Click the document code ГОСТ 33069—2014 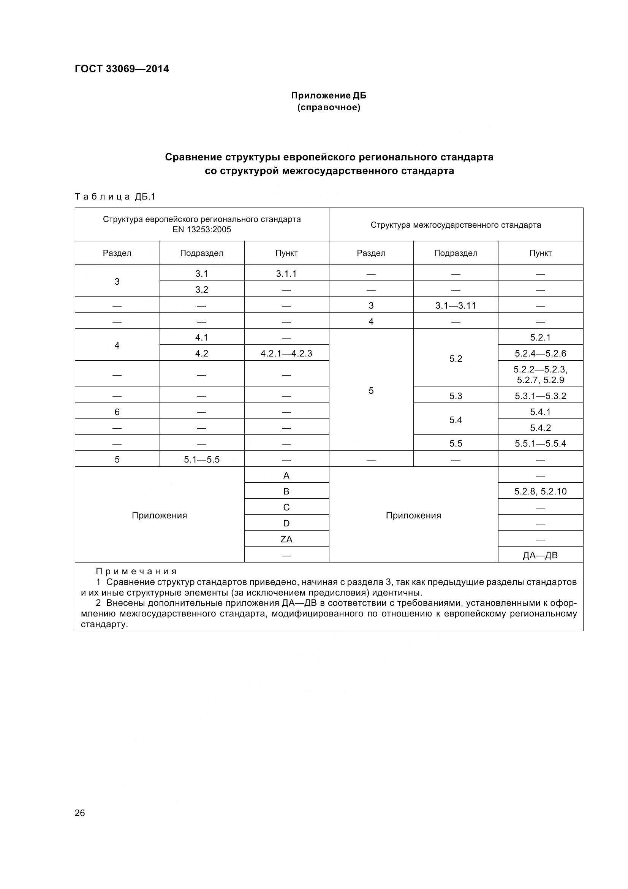coord(122,69)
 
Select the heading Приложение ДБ coord(329,95)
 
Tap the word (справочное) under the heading coord(329,107)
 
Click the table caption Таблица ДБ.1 coord(114,197)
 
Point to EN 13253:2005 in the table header coord(202,230)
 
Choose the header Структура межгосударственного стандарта coord(456,225)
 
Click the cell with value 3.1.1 coord(286,274)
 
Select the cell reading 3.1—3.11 coord(456,306)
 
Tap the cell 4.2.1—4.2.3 coord(286,353)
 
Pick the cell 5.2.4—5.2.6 coord(540,353)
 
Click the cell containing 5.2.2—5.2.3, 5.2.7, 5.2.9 coord(540,374)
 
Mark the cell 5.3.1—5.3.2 coord(540,396)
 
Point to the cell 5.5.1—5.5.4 coord(540,443)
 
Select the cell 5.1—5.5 coord(202,460)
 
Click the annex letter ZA coord(286,539)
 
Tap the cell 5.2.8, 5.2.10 coord(540,491)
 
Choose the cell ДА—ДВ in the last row coord(540,555)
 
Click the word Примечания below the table coord(136,572)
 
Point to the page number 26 coord(80,813)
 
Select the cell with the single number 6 coord(117,412)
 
